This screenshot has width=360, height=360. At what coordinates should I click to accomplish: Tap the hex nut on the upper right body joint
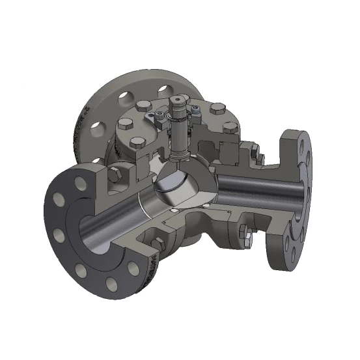[259, 158]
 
